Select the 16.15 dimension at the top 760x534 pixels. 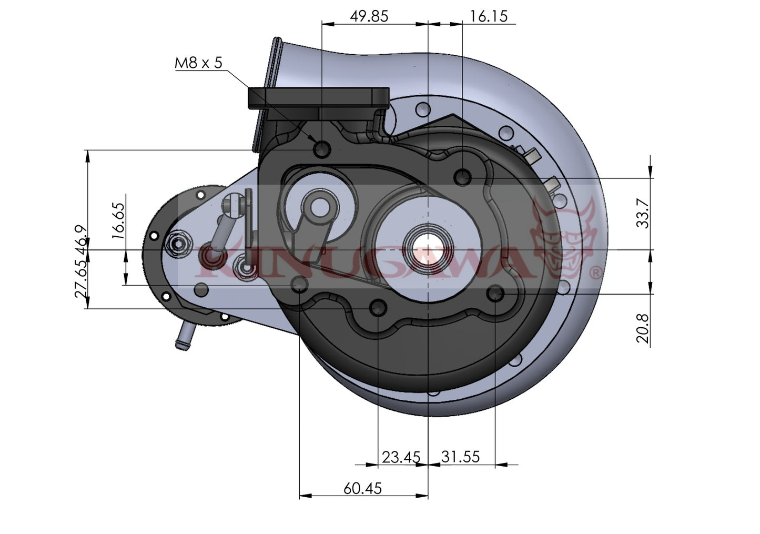(x=489, y=16)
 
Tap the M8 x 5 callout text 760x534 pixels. (x=198, y=63)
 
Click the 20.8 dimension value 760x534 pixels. (x=643, y=329)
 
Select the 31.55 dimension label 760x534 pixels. (x=460, y=457)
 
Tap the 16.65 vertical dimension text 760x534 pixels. (x=119, y=221)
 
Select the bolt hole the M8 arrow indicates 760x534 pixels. (x=321, y=149)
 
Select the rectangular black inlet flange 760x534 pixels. (x=318, y=99)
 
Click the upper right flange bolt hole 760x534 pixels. (x=462, y=177)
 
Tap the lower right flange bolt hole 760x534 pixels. (x=495, y=294)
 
